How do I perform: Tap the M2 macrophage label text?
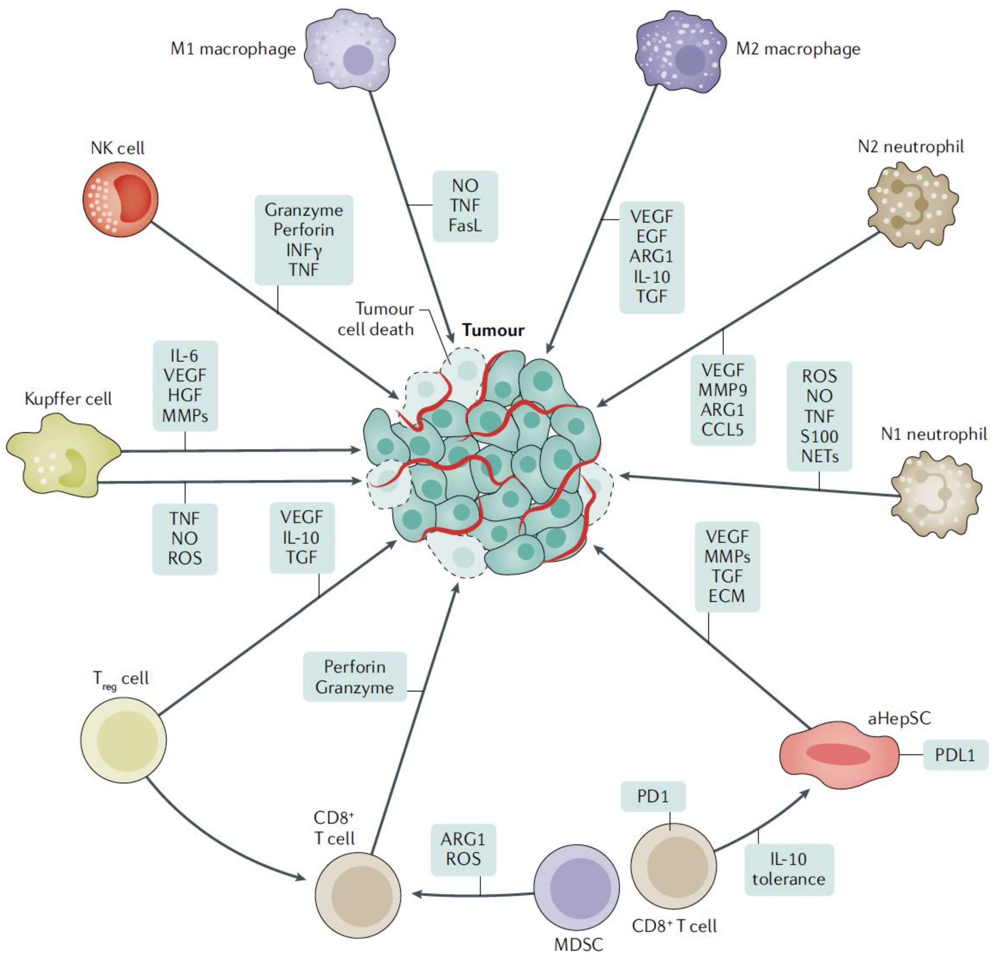click(x=798, y=49)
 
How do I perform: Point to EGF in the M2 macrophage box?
click(x=652, y=237)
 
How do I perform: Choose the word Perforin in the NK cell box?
click(x=304, y=230)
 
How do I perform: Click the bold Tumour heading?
click(x=493, y=330)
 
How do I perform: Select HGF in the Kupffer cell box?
click(x=185, y=396)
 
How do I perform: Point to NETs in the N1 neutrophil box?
click(x=819, y=456)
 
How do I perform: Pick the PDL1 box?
click(x=955, y=755)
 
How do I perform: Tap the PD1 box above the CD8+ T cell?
click(x=653, y=796)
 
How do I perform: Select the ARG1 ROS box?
click(x=463, y=849)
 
